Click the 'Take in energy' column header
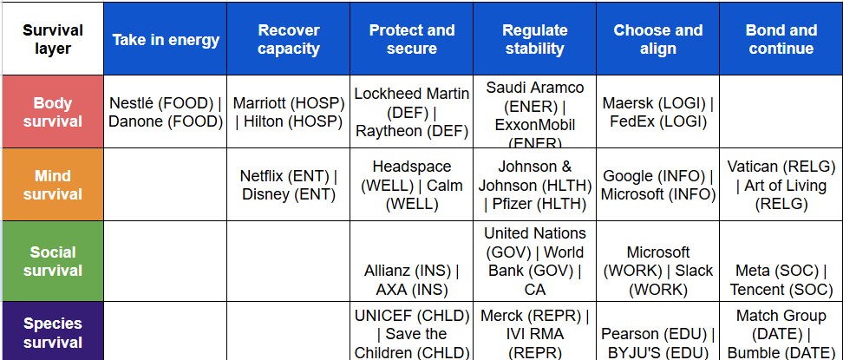[165, 40]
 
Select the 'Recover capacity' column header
[289, 40]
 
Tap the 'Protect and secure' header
[412, 40]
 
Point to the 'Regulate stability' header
[535, 40]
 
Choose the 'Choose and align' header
[657, 40]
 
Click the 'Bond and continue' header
[781, 40]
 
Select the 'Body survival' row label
[53, 113]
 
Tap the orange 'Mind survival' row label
[53, 185]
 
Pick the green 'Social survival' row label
[53, 261]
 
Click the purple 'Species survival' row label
[53, 332]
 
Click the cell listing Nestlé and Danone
[165, 113]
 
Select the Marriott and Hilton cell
[289, 113]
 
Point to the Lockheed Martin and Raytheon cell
[412, 113]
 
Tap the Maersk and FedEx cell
[657, 113]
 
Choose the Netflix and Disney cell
[289, 185]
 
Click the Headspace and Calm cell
[412, 185]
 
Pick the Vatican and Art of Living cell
[781, 185]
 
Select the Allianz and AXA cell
[412, 280]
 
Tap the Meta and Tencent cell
[781, 280]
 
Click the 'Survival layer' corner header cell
[53, 40]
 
